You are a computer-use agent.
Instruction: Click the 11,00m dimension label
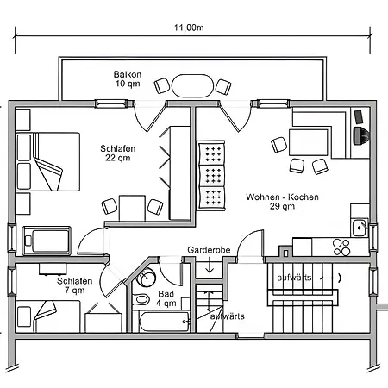[189, 28]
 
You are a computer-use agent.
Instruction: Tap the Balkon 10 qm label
[128, 79]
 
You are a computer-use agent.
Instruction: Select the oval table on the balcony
[192, 86]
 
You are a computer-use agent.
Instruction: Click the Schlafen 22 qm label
[118, 153]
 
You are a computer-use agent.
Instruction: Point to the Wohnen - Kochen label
[282, 197]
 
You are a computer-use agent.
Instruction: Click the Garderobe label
[209, 250]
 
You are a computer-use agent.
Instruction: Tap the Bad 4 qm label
[166, 298]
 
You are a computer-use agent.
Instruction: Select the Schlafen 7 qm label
[75, 285]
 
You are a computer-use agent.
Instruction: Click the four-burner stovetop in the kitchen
[341, 247]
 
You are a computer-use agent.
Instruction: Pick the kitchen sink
[360, 228]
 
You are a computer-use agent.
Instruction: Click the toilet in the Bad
[141, 300]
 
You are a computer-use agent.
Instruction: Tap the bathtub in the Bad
[165, 322]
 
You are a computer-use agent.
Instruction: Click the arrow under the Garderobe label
[210, 265]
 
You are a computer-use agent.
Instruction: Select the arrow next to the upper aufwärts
[331, 278]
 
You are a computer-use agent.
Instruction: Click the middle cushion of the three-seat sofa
[212, 175]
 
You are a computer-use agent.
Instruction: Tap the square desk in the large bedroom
[132, 209]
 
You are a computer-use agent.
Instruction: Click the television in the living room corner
[362, 135]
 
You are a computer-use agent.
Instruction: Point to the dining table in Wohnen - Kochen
[308, 142]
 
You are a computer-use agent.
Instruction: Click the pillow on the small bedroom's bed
[24, 316]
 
